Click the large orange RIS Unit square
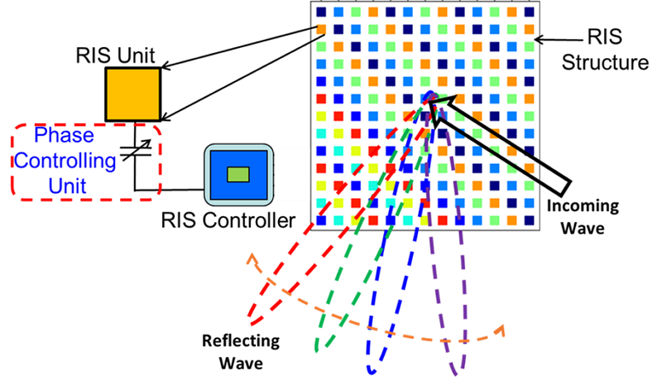[132, 94]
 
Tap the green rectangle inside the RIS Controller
[238, 174]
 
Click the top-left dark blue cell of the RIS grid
[321, 13]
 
